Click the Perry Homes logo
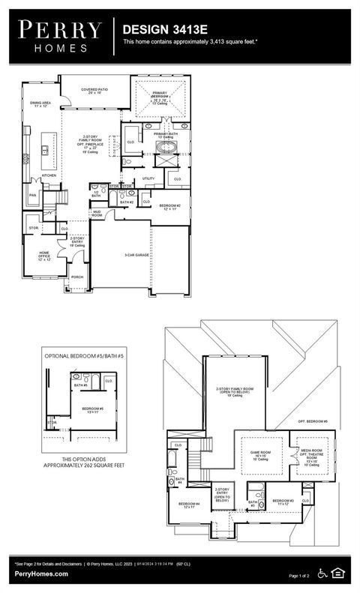pos(59,35)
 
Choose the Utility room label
pos(148,178)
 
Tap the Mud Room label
pos(97,213)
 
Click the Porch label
pos(76,277)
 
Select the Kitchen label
pos(49,175)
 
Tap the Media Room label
pos(311,454)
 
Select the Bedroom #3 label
pos(282,502)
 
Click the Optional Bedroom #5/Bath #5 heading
pos(82,355)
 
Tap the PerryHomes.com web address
pos(41,574)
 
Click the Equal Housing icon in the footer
pos(338,574)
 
